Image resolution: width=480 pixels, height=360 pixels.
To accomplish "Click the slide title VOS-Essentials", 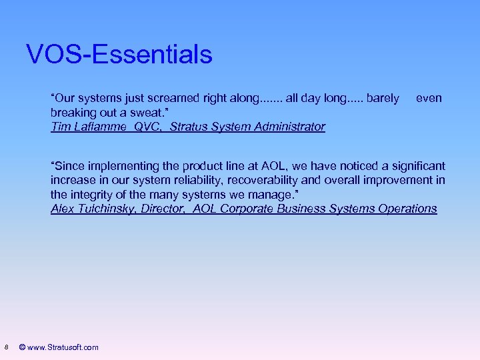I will (x=119, y=54).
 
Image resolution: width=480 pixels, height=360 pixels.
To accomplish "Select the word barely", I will (x=383, y=98).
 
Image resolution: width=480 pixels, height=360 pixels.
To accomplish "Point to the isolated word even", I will (x=429, y=98).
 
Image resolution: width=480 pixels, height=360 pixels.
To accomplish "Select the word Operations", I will (x=407, y=209).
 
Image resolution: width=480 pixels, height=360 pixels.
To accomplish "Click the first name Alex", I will (x=63, y=209).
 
